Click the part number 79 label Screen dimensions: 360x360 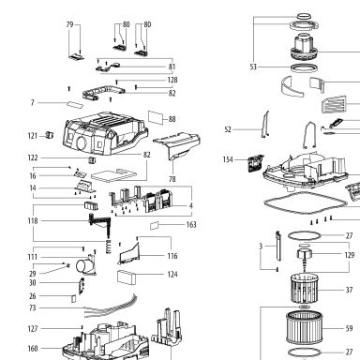click(69, 24)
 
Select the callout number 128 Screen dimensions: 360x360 click(172, 80)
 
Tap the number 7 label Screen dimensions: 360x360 click(32, 102)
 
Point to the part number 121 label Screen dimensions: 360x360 click(33, 136)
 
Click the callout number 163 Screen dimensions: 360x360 click(191, 224)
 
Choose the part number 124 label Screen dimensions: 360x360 click(172, 275)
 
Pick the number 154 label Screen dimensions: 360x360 click(228, 159)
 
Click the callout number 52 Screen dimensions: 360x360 click(228, 129)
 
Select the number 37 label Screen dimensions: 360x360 click(349, 290)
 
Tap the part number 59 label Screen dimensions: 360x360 click(349, 328)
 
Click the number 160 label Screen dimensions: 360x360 click(33, 349)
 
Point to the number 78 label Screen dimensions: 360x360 click(172, 179)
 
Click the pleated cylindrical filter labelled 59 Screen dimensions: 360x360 click(304, 327)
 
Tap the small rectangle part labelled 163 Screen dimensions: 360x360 click(155, 226)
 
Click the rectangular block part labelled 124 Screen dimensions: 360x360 click(127, 277)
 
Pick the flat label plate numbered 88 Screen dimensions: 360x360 click(156, 117)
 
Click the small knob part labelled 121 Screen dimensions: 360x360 click(50, 135)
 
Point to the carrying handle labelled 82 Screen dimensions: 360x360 click(103, 92)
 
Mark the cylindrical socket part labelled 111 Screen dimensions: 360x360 click(85, 266)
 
